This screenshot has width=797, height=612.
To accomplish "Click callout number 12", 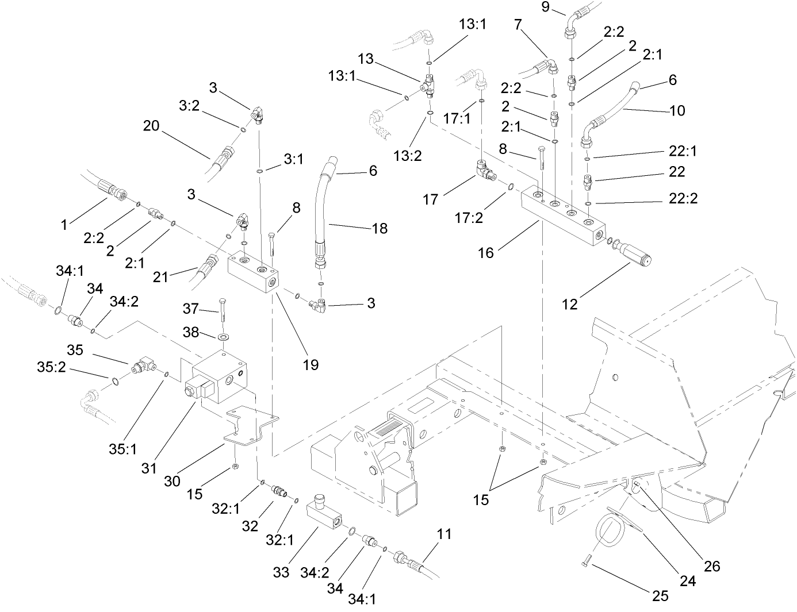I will pos(569,304).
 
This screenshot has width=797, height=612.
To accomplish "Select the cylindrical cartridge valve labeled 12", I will pos(635,255).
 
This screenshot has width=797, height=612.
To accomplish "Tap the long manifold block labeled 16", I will pos(564,216).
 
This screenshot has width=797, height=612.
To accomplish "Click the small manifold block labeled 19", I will pos(253,273).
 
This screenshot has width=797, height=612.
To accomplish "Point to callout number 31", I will pos(150,469).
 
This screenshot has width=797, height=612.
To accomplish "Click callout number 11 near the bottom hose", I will pos(443,534).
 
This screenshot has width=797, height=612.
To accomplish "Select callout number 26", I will pos(712,567).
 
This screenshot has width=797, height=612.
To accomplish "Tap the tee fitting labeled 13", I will pos(428,84).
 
